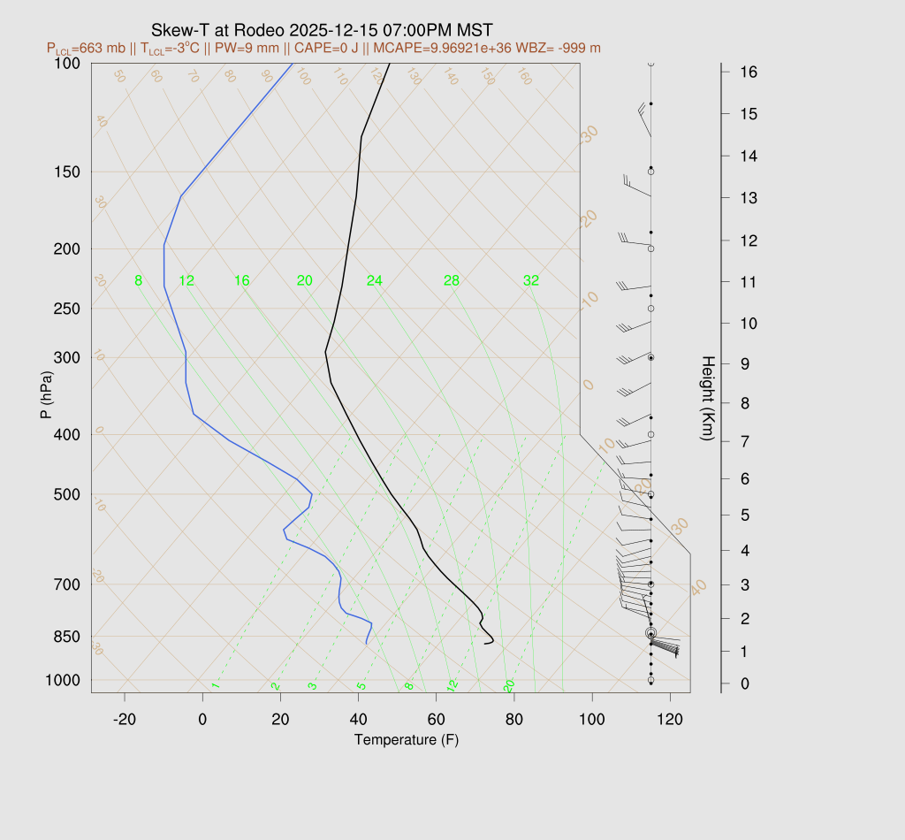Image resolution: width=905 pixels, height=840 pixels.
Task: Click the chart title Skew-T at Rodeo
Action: pos(322,30)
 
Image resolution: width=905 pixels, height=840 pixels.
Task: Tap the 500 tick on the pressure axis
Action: pos(67,494)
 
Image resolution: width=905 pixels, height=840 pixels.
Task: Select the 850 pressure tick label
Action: pos(67,637)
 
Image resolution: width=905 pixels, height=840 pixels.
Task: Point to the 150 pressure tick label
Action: pos(67,172)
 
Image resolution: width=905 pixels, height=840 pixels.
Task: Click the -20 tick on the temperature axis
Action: pos(125,720)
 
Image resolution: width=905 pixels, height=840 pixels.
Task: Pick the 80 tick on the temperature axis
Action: pos(514,720)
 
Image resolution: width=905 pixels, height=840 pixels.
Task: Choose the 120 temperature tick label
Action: pos(670,720)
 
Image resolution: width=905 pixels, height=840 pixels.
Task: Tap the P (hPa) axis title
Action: pos(45,395)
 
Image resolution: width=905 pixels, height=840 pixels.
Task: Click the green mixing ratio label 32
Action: pos(531,281)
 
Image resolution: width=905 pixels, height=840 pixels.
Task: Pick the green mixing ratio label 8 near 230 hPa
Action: pos(138,281)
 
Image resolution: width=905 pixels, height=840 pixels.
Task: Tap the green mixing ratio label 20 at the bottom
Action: pos(509,686)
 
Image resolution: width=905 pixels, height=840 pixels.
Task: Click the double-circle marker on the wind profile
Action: pos(650,633)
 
